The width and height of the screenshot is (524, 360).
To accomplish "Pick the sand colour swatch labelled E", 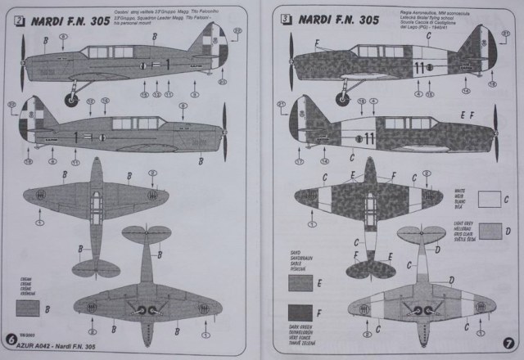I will [301, 283].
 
